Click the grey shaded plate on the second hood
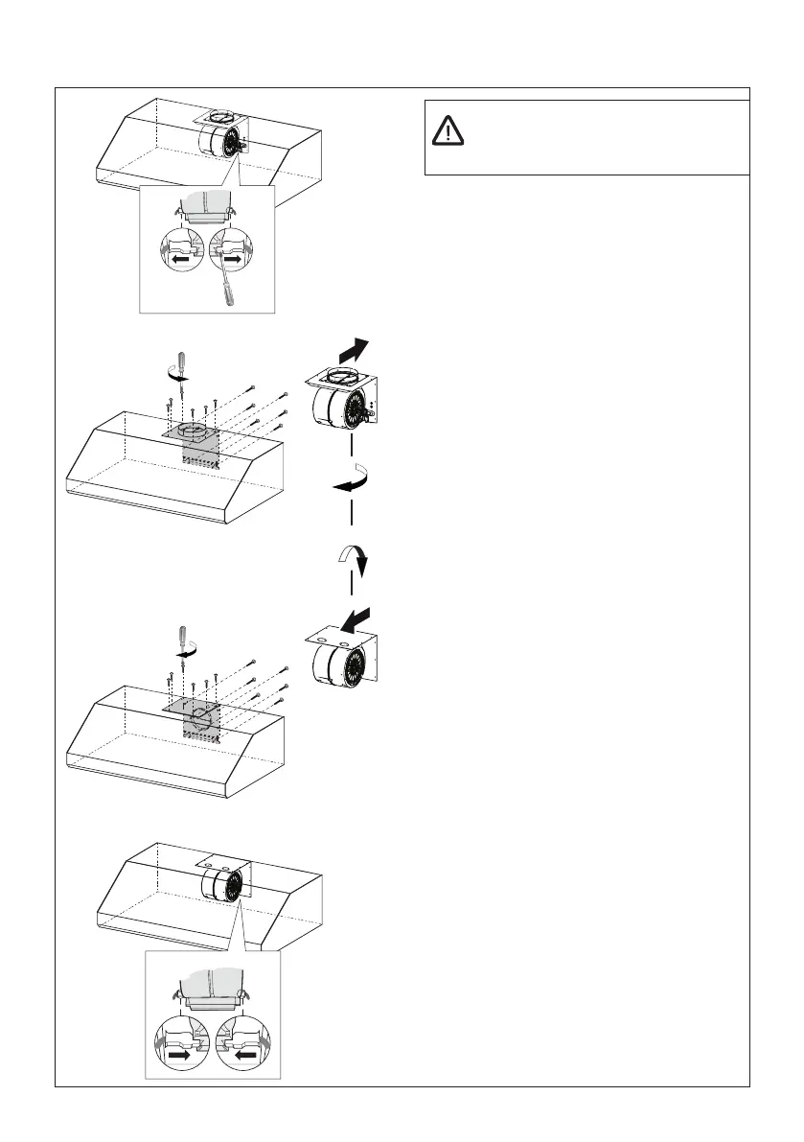point(191,443)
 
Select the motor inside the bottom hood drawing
point(224,882)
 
